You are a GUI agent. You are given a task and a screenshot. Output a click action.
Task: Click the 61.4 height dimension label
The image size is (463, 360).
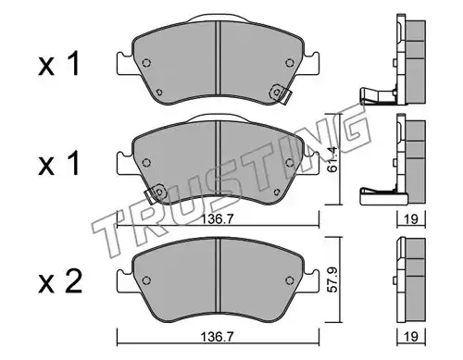pyautogui.click(x=333, y=160)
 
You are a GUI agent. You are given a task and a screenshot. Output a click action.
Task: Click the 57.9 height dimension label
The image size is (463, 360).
pyautogui.click(x=332, y=280)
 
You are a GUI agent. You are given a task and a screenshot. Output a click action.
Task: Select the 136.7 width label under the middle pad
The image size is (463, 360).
pyautogui.click(x=218, y=219)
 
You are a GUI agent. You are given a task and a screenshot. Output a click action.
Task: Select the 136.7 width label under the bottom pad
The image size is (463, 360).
pyautogui.click(x=218, y=336)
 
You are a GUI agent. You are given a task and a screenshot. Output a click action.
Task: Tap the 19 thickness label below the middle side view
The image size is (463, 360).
pyautogui.click(x=411, y=219)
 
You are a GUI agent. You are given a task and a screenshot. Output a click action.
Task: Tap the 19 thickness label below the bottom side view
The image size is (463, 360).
pyautogui.click(x=411, y=336)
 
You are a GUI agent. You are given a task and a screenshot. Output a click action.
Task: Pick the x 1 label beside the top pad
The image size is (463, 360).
pyautogui.click(x=59, y=64)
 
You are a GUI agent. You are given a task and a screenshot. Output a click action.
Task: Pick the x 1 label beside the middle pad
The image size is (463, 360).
pyautogui.click(x=59, y=164)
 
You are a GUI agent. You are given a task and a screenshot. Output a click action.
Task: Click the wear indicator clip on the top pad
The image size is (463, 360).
pyautogui.click(x=280, y=93)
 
